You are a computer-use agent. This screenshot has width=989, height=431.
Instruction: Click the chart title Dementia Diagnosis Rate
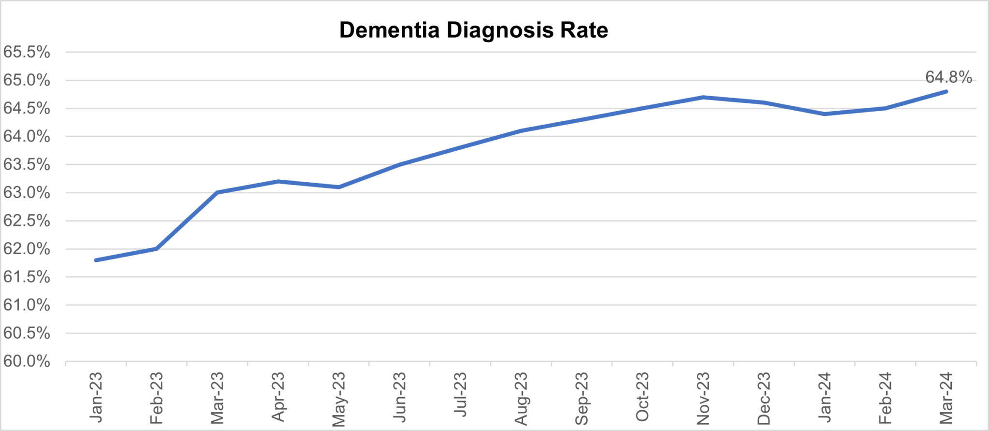(x=473, y=30)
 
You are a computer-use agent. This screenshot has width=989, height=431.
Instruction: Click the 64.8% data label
(x=948, y=77)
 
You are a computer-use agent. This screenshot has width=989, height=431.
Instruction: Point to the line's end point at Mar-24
(x=946, y=91)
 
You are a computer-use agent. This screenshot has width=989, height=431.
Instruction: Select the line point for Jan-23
(x=96, y=260)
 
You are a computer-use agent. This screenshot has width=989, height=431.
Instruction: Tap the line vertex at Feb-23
(x=157, y=249)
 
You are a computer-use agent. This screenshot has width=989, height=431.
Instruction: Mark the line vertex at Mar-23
(x=217, y=192)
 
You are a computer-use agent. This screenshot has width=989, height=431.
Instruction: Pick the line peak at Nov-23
(x=703, y=97)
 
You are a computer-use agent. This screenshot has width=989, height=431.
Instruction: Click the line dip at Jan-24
(x=824, y=114)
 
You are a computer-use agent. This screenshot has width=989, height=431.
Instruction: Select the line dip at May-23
(x=339, y=187)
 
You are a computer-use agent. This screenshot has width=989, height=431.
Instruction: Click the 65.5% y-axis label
(x=27, y=52)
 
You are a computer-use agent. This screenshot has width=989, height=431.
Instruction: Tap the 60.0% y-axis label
(x=27, y=361)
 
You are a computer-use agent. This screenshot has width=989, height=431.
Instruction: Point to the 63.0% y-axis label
(x=27, y=193)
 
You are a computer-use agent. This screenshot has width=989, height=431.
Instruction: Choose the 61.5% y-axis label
(x=27, y=277)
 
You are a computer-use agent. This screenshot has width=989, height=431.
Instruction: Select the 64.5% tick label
(x=27, y=109)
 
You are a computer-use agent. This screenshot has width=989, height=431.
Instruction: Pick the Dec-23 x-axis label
(x=764, y=398)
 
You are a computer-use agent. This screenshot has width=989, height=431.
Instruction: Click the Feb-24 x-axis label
(x=885, y=398)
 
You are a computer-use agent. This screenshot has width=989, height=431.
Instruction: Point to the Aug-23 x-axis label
(x=521, y=398)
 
